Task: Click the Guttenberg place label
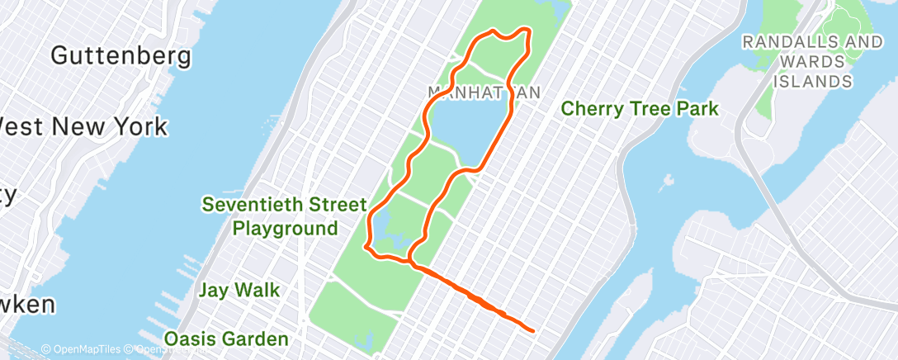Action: click(121, 56)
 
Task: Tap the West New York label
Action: click(83, 127)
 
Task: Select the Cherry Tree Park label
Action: click(640, 108)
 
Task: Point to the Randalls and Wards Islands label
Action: click(812, 61)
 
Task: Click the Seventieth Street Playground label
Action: click(286, 216)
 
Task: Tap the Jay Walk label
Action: click(239, 290)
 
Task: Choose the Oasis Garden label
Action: click(226, 339)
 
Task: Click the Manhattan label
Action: click(484, 91)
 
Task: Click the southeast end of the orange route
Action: click(533, 330)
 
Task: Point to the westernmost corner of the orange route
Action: click(366, 244)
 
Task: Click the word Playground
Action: click(286, 228)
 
